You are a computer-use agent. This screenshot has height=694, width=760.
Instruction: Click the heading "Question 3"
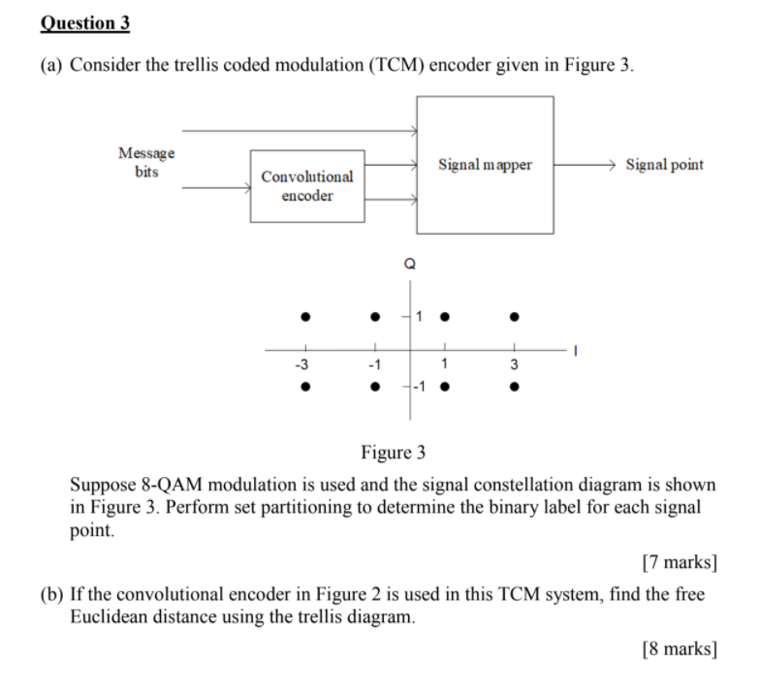point(85,22)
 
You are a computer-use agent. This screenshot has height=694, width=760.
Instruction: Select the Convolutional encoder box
point(307,186)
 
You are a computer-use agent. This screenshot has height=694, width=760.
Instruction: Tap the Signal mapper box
point(485,165)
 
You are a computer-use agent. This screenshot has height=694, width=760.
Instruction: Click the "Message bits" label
point(146,163)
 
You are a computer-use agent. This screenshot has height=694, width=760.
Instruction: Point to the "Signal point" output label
point(664,165)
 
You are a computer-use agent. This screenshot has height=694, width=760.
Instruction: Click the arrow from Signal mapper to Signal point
point(586,165)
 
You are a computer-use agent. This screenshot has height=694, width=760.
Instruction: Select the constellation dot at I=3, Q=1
point(515,316)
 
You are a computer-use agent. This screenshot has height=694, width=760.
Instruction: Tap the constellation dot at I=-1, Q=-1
point(375,387)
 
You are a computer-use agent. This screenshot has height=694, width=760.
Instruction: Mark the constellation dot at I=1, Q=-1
point(444,387)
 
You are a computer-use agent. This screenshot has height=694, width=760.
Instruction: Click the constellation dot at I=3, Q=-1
point(515,387)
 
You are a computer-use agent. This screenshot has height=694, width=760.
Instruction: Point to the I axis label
point(575,352)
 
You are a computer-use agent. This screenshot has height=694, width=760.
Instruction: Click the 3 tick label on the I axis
point(515,365)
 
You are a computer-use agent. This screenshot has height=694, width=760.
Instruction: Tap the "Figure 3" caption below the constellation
point(393,453)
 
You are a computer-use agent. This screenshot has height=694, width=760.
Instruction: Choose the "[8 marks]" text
point(679,648)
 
